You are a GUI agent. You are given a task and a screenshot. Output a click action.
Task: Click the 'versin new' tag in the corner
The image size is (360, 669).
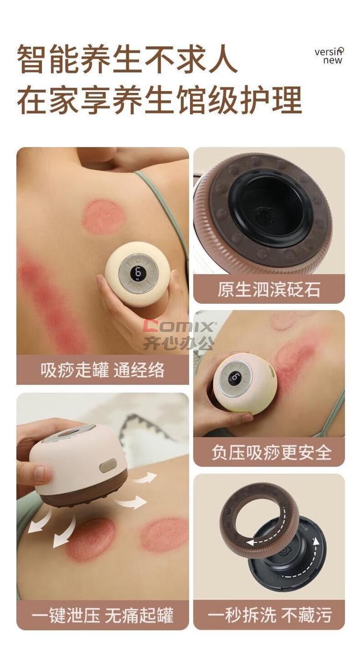328,56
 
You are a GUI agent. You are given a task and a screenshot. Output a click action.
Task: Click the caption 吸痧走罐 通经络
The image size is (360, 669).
102,370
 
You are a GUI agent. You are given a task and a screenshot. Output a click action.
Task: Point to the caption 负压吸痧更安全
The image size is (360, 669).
272,452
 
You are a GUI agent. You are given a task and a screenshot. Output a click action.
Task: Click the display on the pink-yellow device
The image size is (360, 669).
235,379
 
